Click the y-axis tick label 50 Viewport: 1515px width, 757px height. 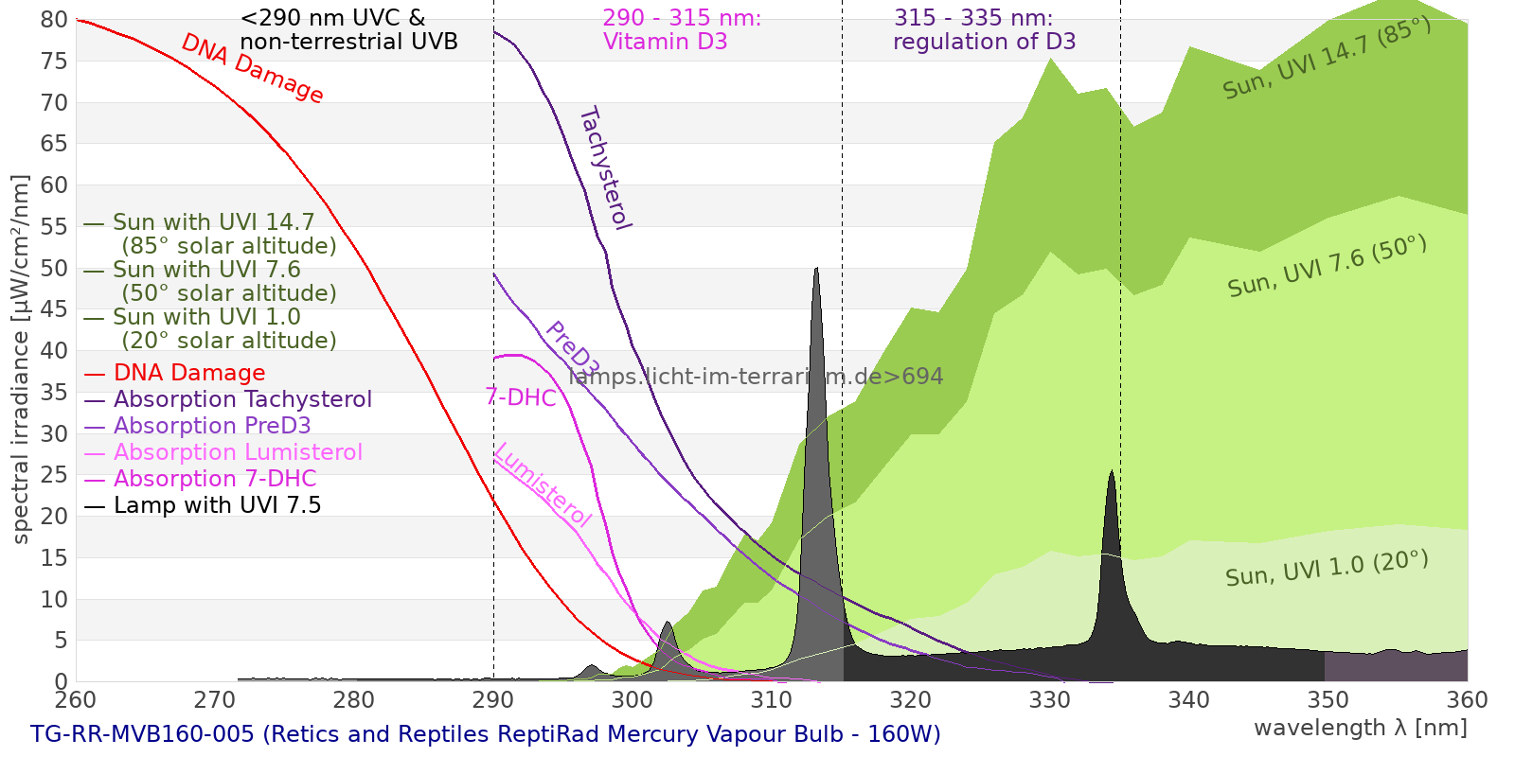(x=54, y=269)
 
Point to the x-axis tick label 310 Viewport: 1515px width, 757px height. (x=772, y=699)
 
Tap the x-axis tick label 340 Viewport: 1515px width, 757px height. (x=1189, y=699)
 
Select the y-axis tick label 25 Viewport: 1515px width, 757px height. (x=54, y=475)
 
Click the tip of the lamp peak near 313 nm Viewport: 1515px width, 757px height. (x=817, y=269)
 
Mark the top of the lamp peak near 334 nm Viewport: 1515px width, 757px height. (x=1112, y=470)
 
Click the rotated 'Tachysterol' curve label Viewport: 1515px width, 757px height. (x=606, y=168)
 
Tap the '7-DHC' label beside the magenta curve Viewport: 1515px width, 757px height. (x=521, y=397)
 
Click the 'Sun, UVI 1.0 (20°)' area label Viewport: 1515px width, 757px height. (x=1327, y=568)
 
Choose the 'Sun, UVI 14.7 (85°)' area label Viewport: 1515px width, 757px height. (x=1327, y=58)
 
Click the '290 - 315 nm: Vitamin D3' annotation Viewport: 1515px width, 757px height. (x=682, y=29)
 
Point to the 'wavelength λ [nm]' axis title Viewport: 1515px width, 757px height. (x=1361, y=728)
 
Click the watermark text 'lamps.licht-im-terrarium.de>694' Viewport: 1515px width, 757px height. (x=756, y=377)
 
